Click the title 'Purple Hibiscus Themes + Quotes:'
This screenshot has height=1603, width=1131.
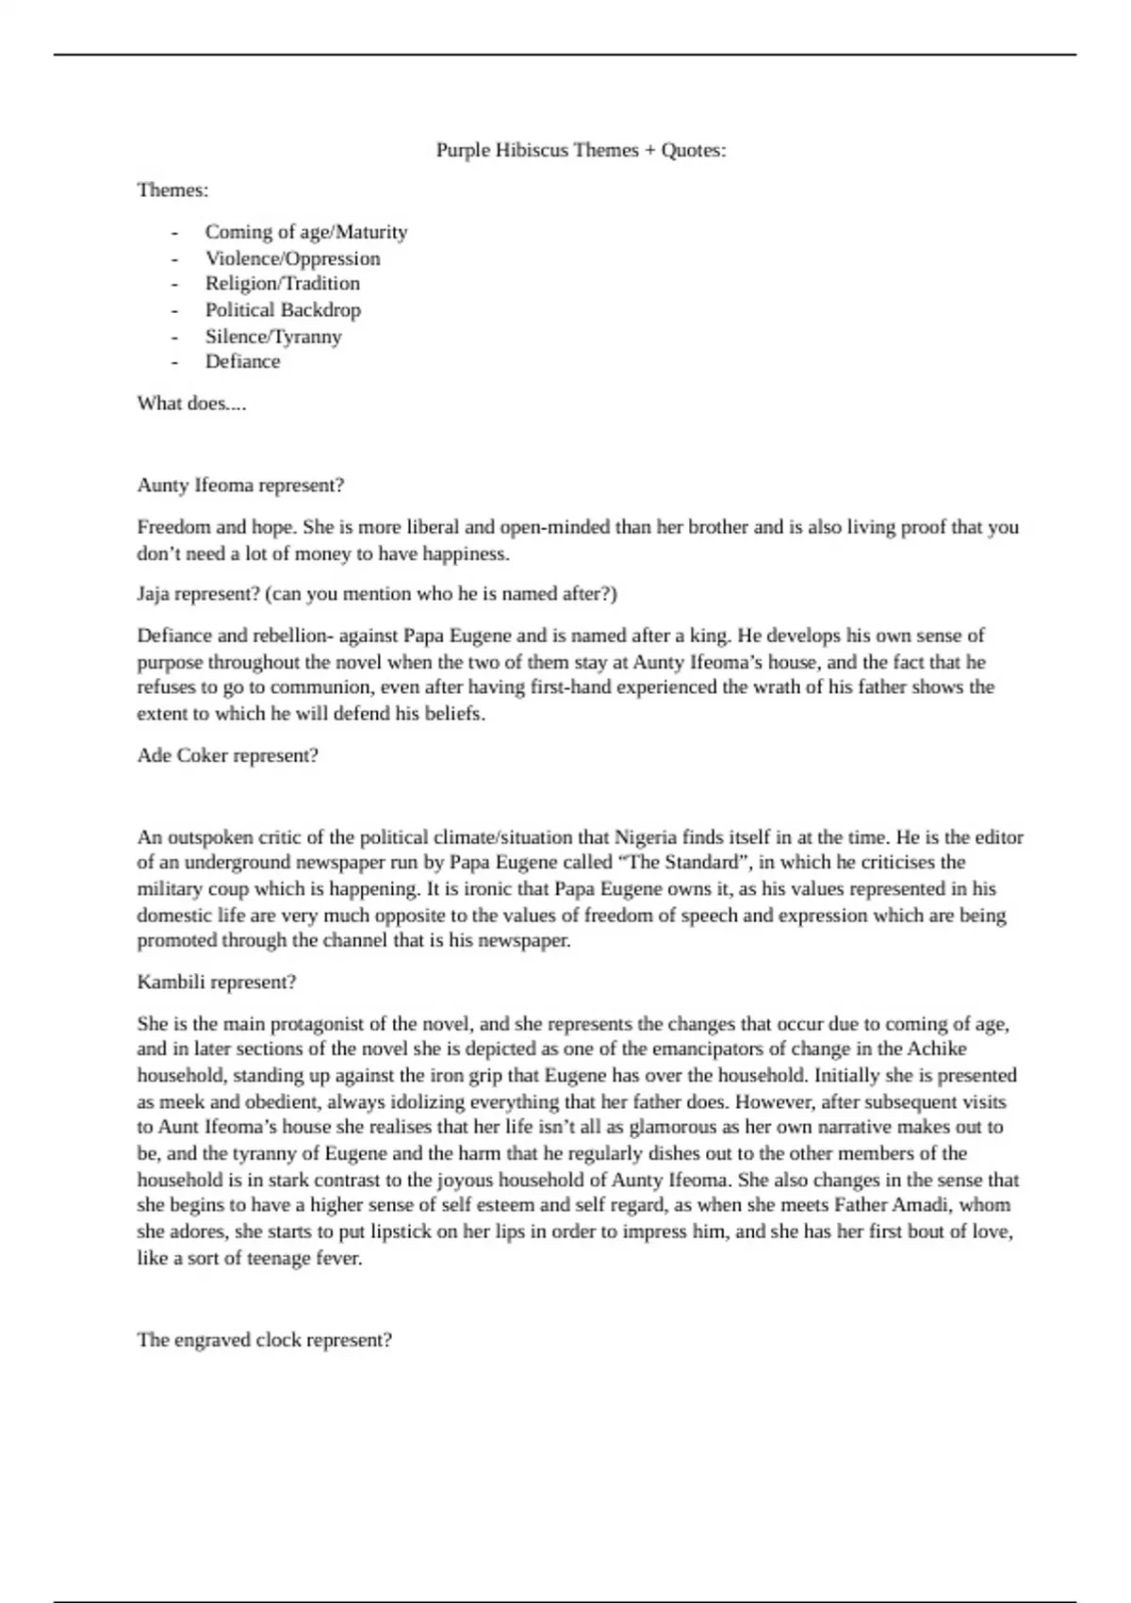point(581,150)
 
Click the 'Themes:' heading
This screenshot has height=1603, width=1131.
point(172,190)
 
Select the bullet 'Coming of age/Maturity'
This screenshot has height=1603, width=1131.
point(306,232)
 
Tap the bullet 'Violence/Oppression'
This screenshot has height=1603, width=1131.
point(293,258)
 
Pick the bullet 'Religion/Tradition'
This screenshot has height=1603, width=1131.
point(283,284)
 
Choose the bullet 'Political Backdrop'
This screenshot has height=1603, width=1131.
point(283,310)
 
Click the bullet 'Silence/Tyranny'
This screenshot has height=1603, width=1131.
point(273,337)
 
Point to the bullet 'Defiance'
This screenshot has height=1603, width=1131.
point(242,362)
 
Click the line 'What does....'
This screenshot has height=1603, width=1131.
point(191,404)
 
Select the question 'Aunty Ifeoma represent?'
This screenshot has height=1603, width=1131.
point(240,486)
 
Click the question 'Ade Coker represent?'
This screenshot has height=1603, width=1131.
point(227,756)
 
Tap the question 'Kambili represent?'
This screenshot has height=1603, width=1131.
point(217,983)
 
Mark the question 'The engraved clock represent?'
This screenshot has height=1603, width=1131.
point(264,1340)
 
